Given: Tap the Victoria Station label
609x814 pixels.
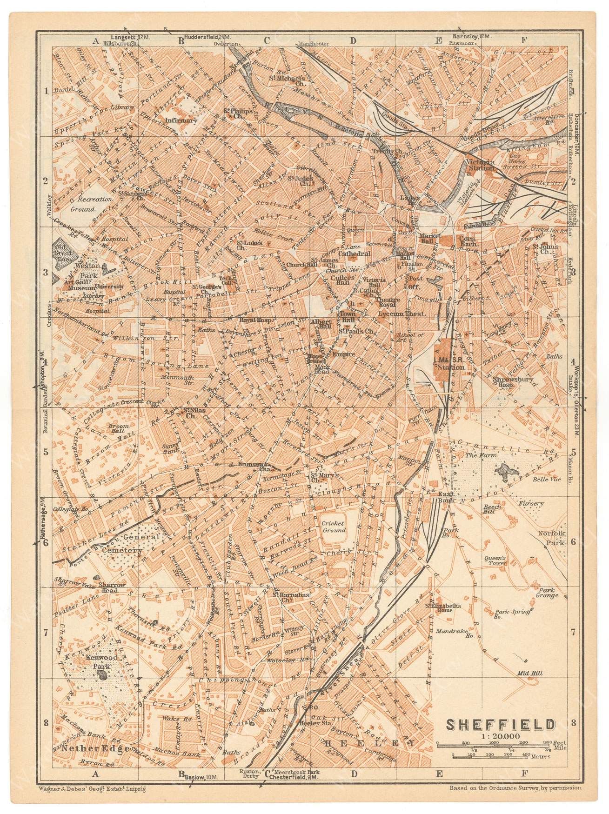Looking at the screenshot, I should (x=480, y=165).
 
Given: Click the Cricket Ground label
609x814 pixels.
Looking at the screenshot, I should (x=334, y=527).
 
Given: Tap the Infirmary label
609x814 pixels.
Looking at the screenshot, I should (x=181, y=120).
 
